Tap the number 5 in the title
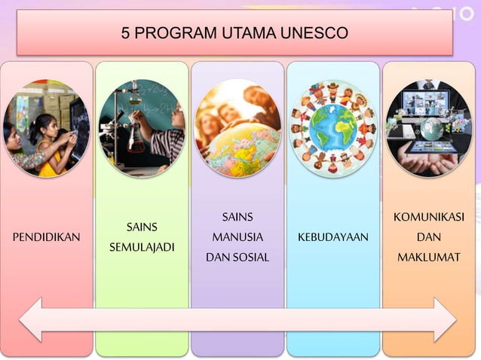[125, 33]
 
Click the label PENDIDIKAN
[47, 237]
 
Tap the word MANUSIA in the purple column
[237, 237]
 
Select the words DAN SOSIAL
[237, 258]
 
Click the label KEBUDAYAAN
[332, 237]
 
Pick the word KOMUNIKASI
[428, 218]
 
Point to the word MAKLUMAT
[428, 258]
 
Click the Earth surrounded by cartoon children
[332, 128]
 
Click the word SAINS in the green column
[142, 227]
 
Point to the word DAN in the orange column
[428, 237]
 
